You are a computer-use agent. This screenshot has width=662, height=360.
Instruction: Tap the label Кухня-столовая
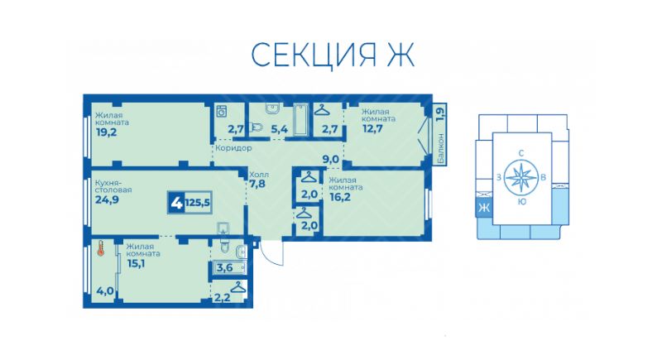112,185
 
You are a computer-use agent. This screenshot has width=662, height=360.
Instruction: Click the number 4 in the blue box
176,201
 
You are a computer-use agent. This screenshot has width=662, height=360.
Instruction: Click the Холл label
258,174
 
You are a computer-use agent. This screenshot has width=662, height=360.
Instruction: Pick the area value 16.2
339,199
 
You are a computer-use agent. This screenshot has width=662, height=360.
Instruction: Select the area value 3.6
224,267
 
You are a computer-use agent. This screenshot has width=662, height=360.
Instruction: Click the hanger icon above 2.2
238,286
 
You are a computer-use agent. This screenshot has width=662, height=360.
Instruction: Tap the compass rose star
520,177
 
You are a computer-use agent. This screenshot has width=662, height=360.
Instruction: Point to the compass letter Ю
520,201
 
